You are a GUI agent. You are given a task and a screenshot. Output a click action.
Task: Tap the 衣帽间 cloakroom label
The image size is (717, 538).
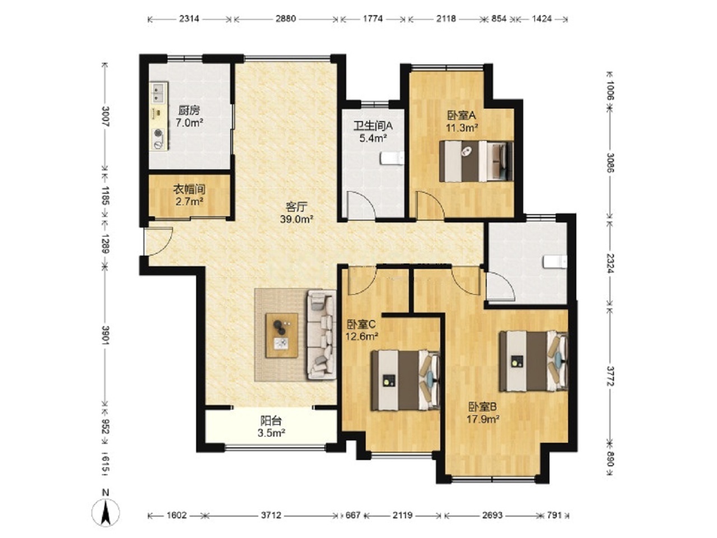[x=189, y=189]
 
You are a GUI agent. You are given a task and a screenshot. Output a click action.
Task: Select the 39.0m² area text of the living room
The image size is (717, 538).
[x=296, y=219]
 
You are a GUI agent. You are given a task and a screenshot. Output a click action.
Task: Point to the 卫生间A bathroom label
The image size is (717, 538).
[x=373, y=126]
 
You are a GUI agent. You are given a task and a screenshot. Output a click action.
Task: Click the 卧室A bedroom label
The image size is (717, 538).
[x=462, y=115]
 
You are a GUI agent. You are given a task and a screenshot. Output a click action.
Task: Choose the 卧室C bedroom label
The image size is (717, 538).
[x=361, y=324]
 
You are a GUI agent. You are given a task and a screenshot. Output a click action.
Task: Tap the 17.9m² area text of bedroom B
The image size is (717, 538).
[x=482, y=419]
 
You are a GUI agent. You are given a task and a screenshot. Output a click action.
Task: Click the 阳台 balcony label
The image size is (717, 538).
[x=271, y=421]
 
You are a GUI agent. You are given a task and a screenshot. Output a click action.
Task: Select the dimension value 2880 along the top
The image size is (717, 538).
[x=286, y=18]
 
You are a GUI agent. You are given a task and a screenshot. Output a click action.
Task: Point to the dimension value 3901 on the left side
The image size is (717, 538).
[x=105, y=335]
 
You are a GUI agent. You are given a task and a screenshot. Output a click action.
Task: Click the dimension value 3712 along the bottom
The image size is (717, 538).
[x=271, y=516]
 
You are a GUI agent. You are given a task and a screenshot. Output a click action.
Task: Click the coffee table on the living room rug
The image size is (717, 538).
[x=282, y=336]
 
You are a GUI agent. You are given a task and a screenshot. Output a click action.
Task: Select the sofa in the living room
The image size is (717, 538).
[x=321, y=335]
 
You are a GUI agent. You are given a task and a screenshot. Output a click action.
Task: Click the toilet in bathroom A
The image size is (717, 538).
[x=392, y=159]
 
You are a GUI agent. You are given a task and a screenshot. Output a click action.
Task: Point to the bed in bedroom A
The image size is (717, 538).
[x=476, y=161]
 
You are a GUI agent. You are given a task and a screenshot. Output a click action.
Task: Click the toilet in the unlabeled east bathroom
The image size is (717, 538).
[x=555, y=262]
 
